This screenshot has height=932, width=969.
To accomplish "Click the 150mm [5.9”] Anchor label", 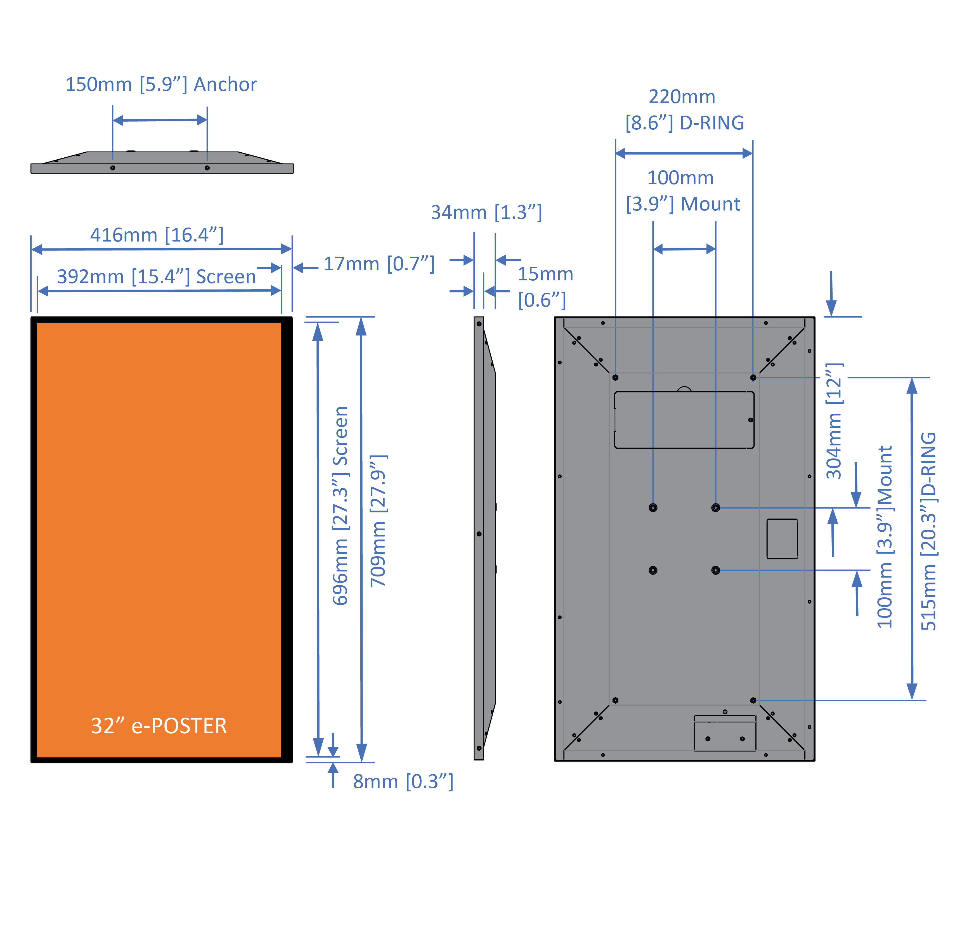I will [161, 84].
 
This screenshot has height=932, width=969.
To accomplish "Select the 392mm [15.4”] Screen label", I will [156, 276].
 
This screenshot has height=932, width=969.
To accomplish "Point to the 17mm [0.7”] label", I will [379, 264].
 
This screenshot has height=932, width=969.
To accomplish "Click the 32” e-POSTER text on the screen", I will [159, 726].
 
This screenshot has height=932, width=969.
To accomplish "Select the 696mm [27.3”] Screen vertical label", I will [341, 505].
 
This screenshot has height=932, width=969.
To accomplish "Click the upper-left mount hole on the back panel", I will [653, 508].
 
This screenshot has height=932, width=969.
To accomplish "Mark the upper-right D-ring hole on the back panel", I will [753, 378].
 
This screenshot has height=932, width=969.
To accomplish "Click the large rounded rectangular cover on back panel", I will [684, 420].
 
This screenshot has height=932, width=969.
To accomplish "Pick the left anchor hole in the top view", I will [113, 168].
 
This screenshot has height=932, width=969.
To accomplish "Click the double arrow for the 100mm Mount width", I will [684, 249].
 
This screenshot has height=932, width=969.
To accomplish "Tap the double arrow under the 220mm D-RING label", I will [684, 154].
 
